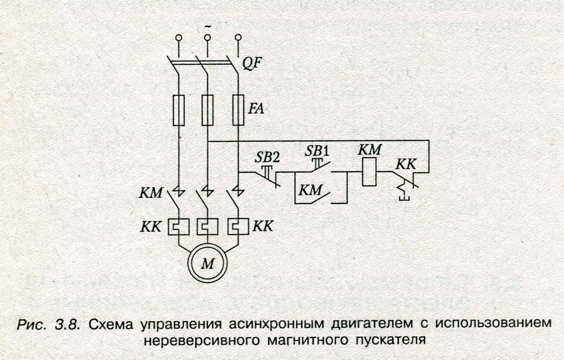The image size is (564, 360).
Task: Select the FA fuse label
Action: click(x=256, y=108)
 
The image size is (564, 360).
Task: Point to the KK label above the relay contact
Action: click(x=406, y=164)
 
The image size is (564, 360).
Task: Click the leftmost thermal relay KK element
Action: click(x=177, y=227)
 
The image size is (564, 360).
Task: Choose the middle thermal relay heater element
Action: click(x=206, y=227)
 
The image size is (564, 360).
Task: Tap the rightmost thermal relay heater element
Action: click(x=237, y=227)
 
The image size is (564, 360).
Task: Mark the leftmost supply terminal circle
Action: click(x=178, y=39)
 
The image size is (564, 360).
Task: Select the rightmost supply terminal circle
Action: click(x=238, y=38)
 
